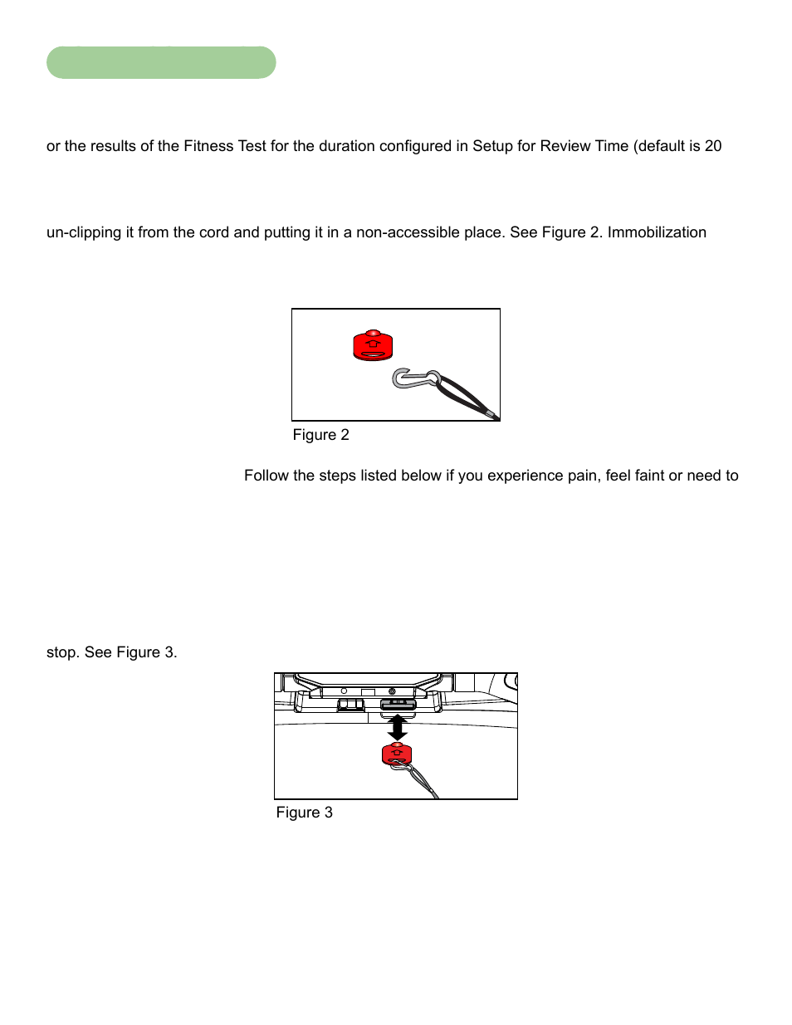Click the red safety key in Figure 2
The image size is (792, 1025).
[373, 345]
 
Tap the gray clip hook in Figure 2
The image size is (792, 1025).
[412, 379]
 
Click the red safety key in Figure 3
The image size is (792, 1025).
[397, 754]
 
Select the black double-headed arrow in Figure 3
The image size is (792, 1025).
[398, 728]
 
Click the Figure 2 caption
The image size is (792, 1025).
[320, 435]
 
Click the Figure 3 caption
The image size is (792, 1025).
[304, 813]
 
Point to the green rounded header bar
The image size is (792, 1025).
[161, 63]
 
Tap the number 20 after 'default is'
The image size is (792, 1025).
[713, 146]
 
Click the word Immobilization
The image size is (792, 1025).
[657, 232]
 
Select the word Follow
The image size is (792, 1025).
[266, 476]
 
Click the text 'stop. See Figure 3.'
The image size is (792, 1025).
[111, 652]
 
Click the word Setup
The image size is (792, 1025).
[492, 146]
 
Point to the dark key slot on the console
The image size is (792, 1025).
[398, 705]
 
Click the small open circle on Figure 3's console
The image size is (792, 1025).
[344, 691]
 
